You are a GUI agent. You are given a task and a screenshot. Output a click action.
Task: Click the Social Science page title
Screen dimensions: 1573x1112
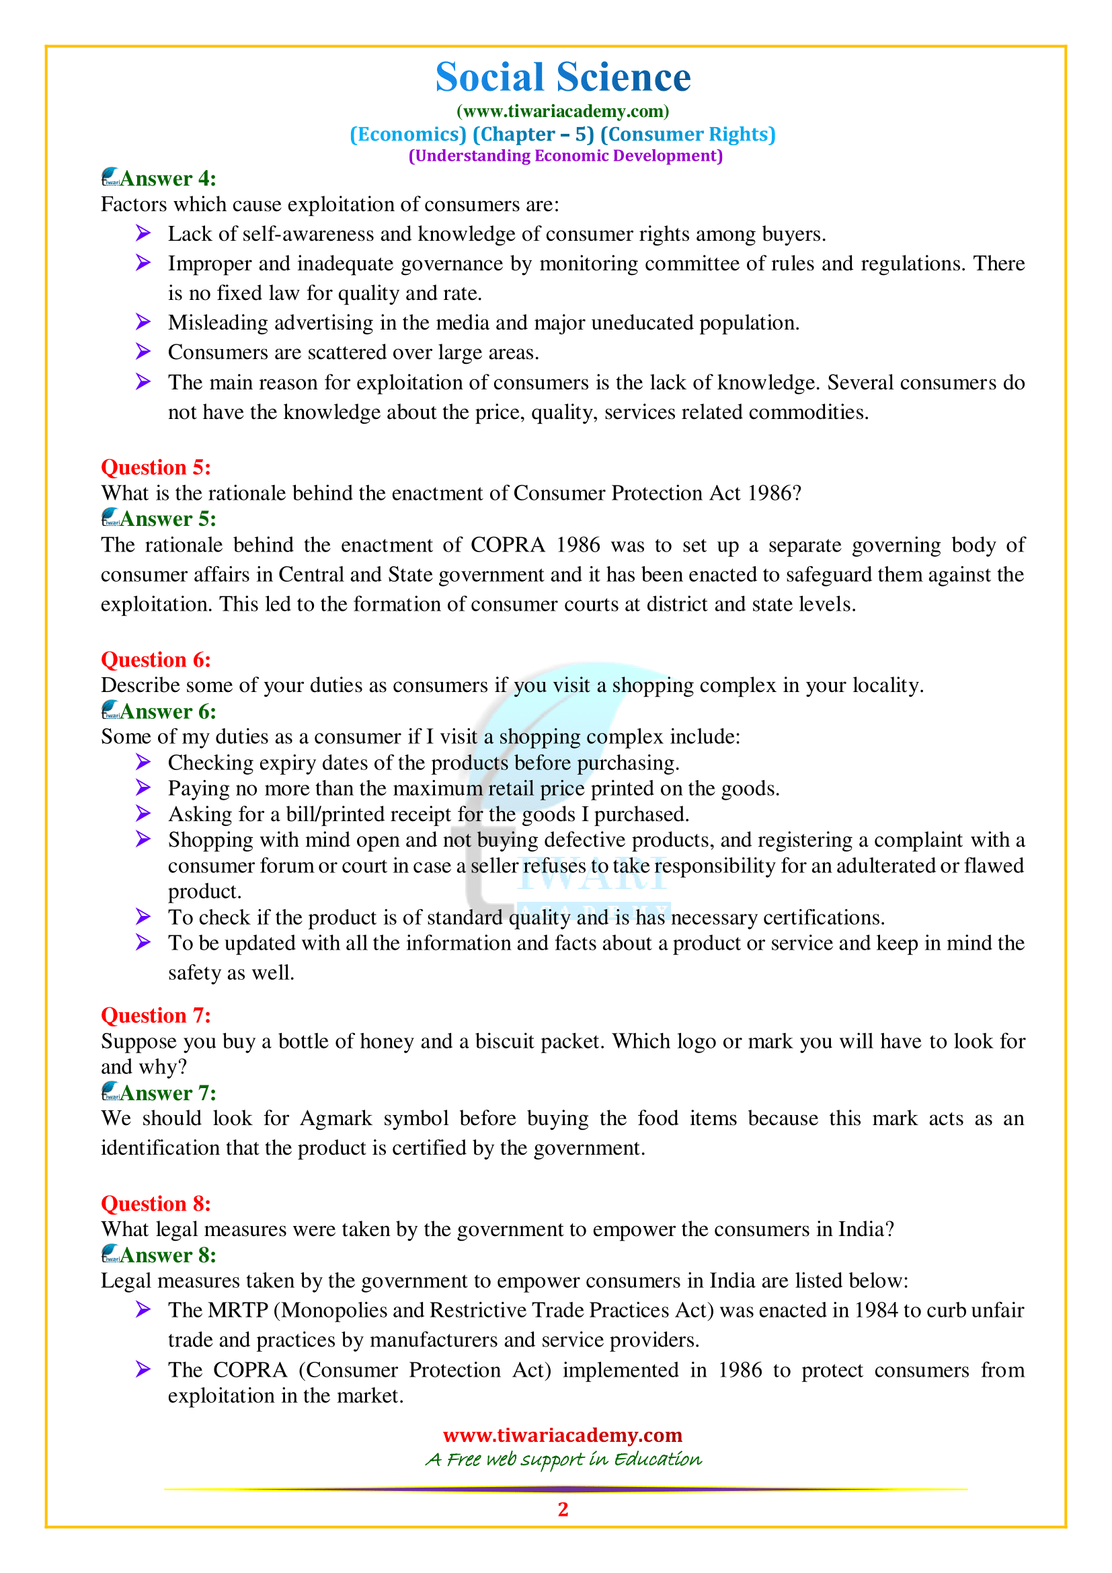562,77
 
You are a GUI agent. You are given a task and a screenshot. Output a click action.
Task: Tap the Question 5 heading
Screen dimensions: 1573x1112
155,467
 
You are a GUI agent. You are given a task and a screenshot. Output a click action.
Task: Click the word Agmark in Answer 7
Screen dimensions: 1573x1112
335,1119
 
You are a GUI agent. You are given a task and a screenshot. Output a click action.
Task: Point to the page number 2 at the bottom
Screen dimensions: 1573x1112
563,1509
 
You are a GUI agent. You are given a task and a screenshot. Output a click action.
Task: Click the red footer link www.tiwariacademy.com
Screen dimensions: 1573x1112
562,1434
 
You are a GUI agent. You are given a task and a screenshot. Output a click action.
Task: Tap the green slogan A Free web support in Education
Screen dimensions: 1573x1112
563,1459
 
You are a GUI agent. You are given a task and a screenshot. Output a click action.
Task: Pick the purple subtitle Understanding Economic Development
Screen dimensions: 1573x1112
565,156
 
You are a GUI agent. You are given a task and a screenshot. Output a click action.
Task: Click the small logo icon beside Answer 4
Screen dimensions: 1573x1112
111,178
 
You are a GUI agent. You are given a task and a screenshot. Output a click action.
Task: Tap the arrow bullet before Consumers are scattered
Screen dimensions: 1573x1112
143,352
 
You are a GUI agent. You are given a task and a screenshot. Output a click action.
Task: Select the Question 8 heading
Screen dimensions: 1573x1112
155,1204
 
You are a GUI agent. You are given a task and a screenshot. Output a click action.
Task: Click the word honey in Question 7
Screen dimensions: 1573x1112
387,1041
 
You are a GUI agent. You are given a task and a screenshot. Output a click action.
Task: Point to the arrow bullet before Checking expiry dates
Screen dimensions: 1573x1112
143,762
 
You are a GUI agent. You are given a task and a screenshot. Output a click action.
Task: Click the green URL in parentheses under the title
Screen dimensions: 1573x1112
562,111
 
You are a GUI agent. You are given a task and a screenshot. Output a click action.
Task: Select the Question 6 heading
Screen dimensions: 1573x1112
155,660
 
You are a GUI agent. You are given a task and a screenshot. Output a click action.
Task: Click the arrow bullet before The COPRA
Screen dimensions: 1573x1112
143,1369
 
